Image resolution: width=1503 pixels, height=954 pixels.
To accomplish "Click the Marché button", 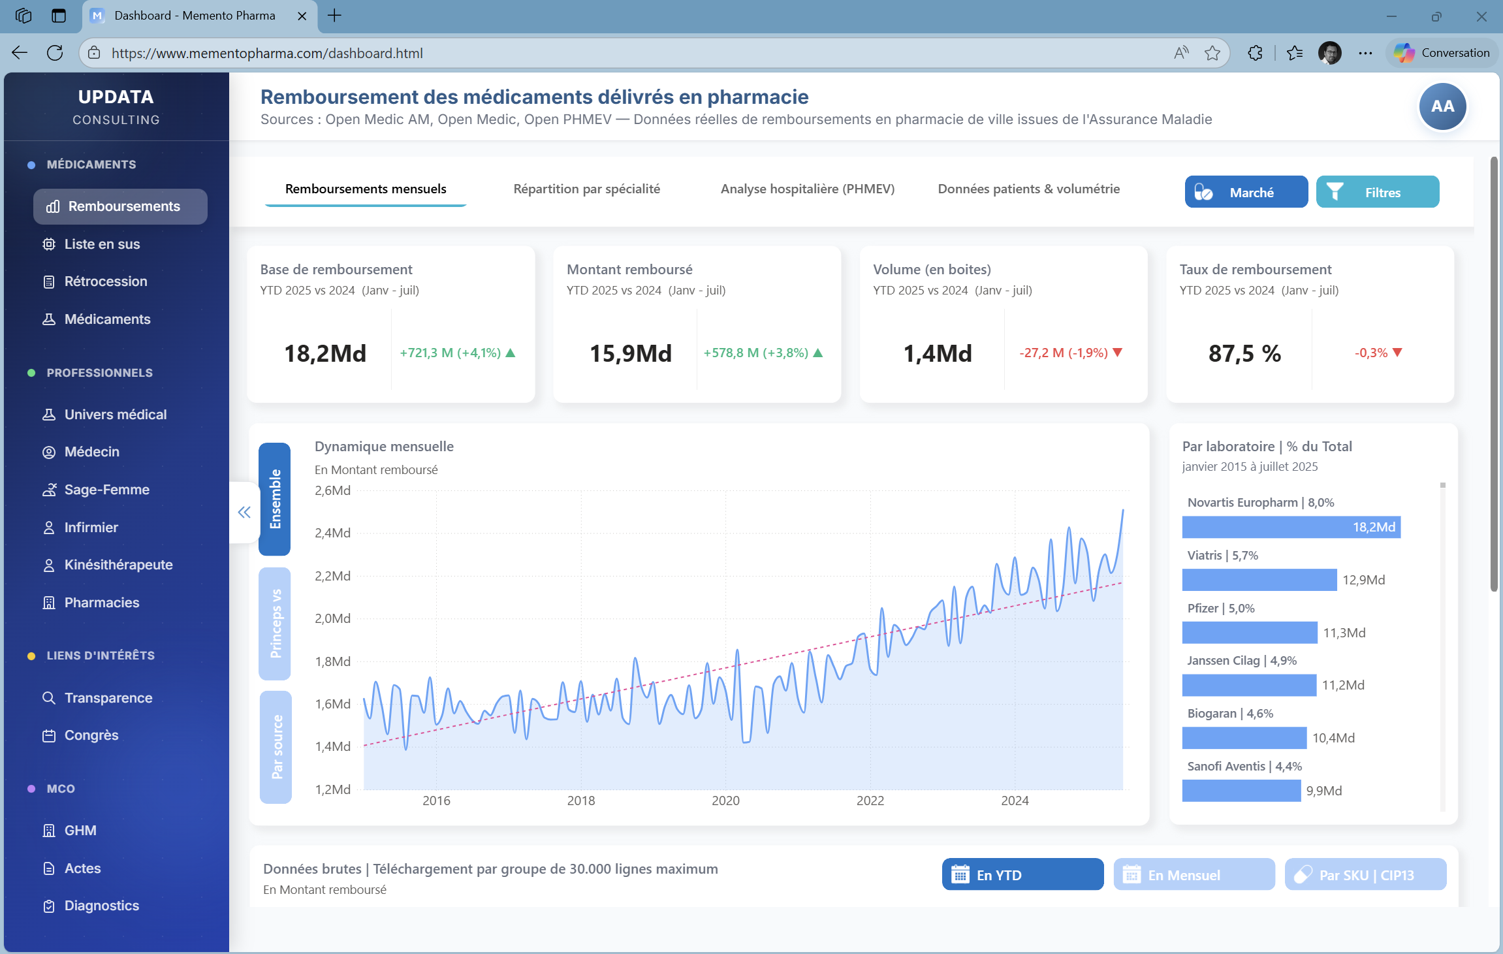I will click(x=1246, y=192).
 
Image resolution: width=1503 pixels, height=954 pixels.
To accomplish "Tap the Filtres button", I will click(x=1377, y=192).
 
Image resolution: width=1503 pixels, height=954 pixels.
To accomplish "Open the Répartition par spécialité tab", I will click(x=586, y=189).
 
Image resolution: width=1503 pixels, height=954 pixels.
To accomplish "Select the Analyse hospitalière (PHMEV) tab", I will click(x=807, y=189).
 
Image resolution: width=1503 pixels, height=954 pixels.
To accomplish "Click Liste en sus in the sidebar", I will click(x=102, y=244).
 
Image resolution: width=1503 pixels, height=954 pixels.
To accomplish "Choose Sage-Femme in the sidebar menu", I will click(x=106, y=490).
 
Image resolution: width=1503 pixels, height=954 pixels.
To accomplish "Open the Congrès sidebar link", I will click(x=91, y=735).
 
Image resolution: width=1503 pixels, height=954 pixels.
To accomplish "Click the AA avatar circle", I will click(x=1442, y=106).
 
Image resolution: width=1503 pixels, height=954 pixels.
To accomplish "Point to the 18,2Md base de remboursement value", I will click(x=325, y=353).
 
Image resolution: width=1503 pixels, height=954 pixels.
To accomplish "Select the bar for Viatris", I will click(x=1259, y=580).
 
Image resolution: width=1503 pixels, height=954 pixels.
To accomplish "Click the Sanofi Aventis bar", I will click(x=1241, y=791).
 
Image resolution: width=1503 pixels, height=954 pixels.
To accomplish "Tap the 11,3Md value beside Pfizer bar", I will click(x=1344, y=633).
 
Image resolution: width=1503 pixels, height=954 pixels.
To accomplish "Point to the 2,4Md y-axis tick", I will click(x=332, y=533).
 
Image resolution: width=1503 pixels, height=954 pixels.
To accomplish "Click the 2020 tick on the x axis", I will click(x=725, y=801).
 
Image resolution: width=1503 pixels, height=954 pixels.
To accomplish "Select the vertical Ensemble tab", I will click(x=275, y=499).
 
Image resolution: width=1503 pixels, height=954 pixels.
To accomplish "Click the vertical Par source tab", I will click(x=276, y=747).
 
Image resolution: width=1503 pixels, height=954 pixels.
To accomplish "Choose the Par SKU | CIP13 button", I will click(x=1365, y=875).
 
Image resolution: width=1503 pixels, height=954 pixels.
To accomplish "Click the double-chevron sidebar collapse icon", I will click(x=244, y=513).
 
